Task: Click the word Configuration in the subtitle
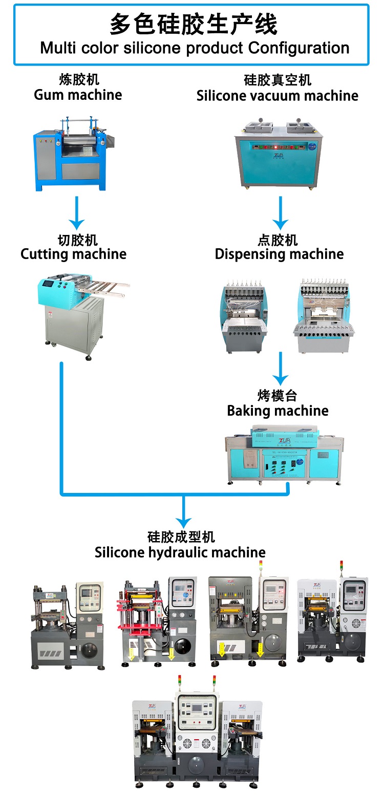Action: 298,49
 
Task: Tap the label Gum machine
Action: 78,95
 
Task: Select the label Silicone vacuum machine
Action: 277,96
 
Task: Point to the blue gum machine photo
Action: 72,154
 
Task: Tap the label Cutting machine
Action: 73,254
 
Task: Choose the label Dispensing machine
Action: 279,254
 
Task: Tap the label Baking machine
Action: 278,411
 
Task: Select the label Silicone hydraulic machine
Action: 180,552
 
